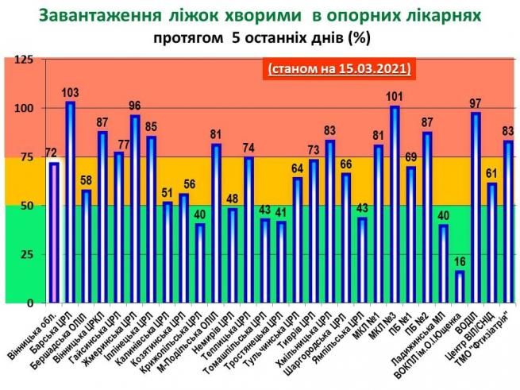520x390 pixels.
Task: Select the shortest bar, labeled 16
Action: (x=460, y=288)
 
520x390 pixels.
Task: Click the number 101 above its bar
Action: (x=395, y=98)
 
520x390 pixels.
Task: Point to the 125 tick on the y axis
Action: (x=25, y=60)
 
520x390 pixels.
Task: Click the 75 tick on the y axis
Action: (x=29, y=158)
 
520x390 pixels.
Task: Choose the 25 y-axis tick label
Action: (x=29, y=255)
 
